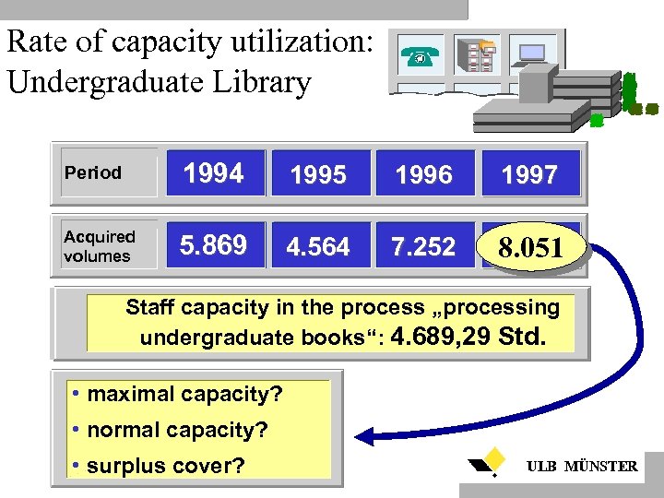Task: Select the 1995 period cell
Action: (318, 173)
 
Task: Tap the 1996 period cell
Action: (423, 173)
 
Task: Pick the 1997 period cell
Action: (530, 173)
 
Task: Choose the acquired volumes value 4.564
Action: (318, 246)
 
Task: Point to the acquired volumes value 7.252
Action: (423, 246)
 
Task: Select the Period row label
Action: (93, 172)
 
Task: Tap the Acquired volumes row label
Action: (100, 246)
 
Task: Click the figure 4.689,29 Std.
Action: (468, 337)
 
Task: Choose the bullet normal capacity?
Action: (170, 430)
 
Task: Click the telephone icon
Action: (420, 57)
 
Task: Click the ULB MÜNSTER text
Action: (581, 467)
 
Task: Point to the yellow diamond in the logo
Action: (495, 456)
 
